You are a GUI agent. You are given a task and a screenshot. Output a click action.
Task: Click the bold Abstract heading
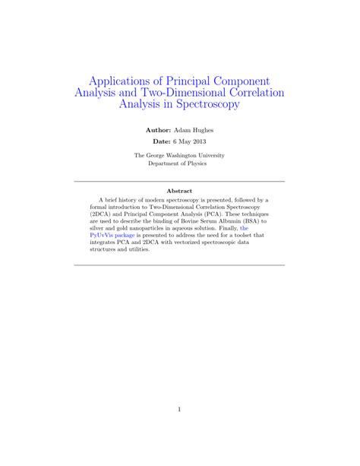(179, 191)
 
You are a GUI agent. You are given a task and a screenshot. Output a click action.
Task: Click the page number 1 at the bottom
(179, 410)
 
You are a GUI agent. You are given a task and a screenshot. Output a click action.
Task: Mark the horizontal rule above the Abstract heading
(179, 182)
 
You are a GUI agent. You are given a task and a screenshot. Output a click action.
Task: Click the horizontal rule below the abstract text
(179, 265)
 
